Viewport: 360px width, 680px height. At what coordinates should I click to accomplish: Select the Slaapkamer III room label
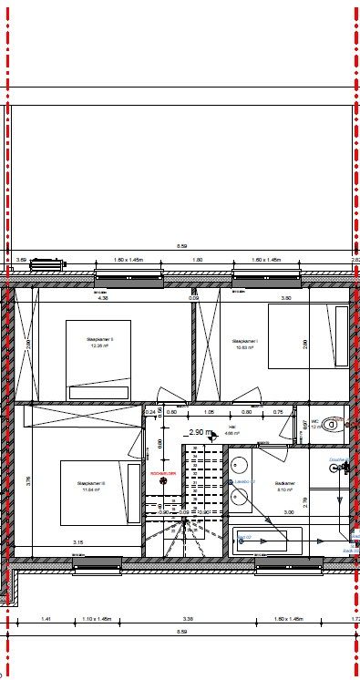click(91, 486)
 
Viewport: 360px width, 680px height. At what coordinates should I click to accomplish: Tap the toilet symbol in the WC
click(334, 423)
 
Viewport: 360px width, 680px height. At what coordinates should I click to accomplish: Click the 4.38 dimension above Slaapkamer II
click(103, 297)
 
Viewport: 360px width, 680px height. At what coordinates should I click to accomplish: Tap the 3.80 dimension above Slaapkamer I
click(285, 297)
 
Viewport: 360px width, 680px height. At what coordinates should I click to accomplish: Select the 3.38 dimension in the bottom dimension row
click(187, 619)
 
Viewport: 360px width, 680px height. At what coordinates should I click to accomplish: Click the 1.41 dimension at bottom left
click(46, 619)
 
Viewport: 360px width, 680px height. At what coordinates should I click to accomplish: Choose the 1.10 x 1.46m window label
click(96, 619)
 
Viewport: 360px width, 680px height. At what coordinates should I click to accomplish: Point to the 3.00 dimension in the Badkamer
click(289, 513)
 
